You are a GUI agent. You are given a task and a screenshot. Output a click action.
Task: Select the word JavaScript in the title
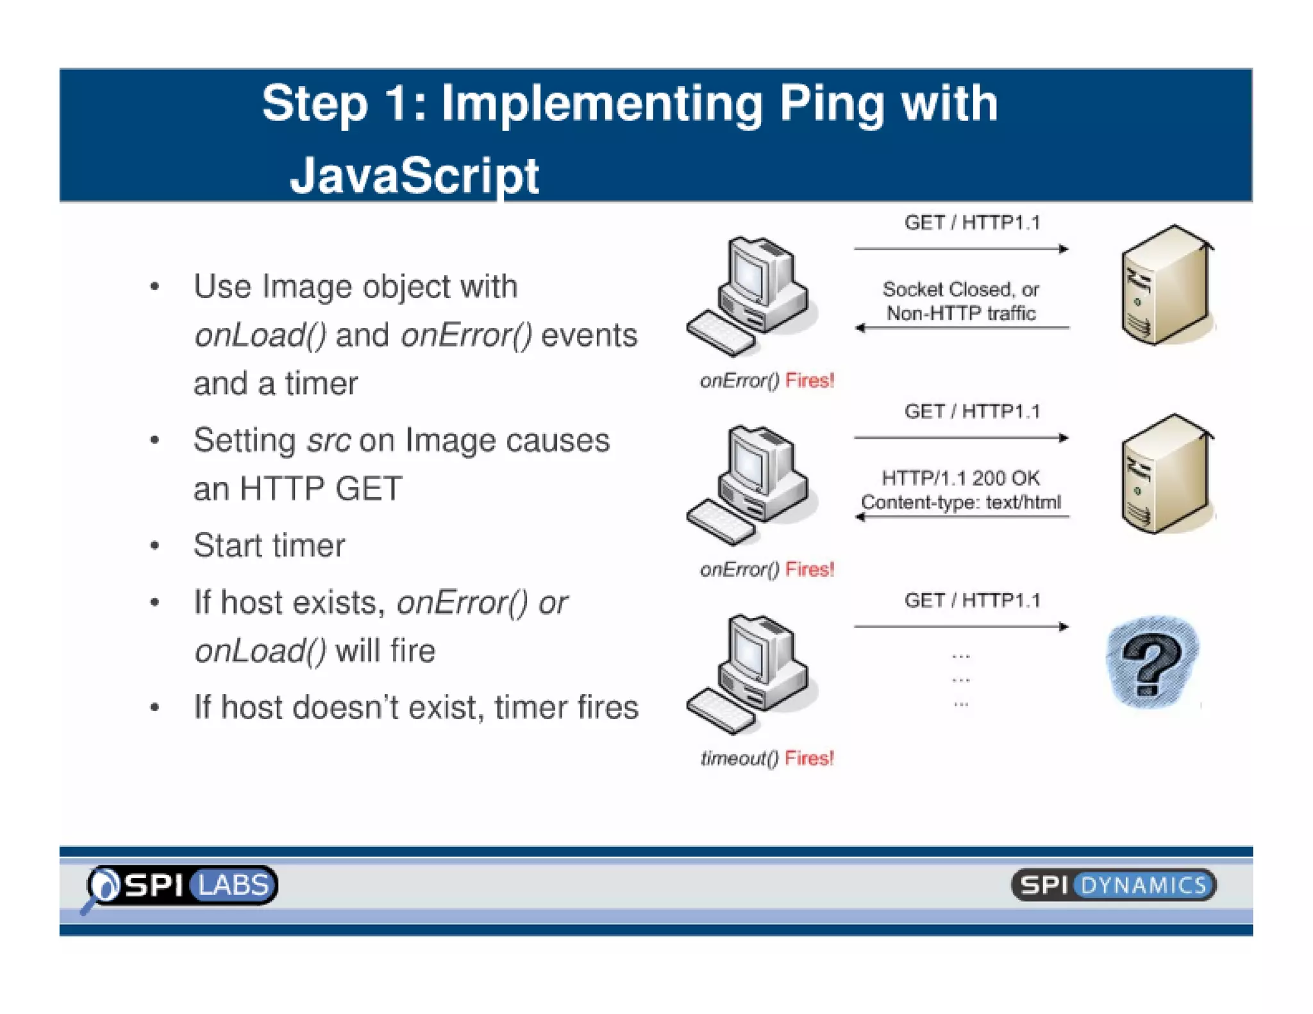point(414,175)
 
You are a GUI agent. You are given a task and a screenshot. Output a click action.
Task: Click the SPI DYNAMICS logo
point(1113,886)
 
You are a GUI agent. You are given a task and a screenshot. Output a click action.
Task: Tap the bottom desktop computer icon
point(750,673)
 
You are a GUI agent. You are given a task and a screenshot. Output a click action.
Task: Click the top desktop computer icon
point(750,295)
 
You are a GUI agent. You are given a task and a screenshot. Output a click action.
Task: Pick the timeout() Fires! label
point(767,759)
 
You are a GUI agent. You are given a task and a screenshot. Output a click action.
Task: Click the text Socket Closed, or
point(960,290)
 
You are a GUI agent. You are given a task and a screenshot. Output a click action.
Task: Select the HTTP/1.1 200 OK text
point(960,478)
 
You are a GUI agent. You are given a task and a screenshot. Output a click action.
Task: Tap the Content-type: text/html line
point(960,503)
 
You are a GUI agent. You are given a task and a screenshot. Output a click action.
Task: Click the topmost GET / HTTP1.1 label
point(972,223)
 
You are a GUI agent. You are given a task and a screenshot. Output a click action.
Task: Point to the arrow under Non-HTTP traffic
point(962,328)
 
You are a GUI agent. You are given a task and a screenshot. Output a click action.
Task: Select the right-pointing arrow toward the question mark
point(962,627)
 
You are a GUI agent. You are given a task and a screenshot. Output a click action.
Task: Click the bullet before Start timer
point(155,547)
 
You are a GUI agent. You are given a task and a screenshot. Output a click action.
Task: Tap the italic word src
point(328,441)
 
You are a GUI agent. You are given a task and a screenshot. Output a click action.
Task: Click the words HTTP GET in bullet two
point(321,489)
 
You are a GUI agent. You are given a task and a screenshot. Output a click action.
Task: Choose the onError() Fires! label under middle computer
point(767,570)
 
